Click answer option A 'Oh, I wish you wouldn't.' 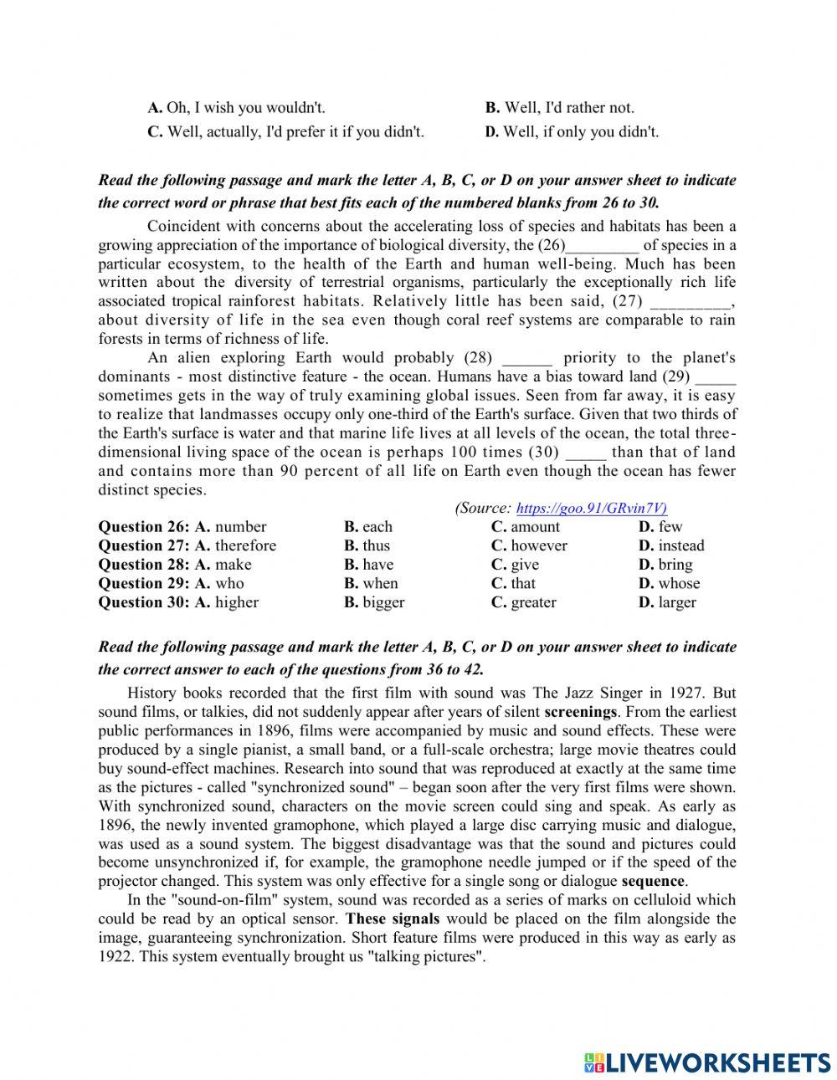coord(237,107)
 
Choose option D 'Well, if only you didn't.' coord(572,131)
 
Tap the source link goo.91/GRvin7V coord(592,508)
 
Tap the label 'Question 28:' coord(144,565)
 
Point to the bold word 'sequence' coord(653,881)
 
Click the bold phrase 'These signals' coord(392,919)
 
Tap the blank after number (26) coord(603,246)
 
